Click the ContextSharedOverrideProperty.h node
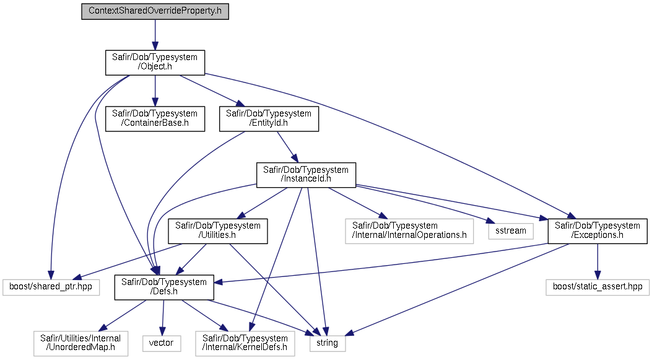click(155, 11)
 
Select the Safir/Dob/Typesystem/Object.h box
click(155, 62)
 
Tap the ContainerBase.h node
click(155, 118)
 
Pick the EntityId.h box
click(269, 118)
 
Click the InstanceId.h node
click(306, 175)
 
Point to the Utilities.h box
click(217, 231)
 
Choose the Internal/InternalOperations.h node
click(409, 231)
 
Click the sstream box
click(511, 231)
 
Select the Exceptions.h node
click(598, 231)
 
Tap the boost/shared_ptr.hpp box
click(51, 287)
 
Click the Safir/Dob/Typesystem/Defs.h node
click(164, 287)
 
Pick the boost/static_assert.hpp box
click(598, 287)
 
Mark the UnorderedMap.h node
click(80, 343)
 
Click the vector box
click(162, 343)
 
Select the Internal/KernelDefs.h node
click(245, 343)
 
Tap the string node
click(328, 343)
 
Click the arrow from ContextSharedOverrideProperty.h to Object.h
click(155, 35)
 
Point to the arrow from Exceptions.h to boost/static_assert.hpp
click(598, 261)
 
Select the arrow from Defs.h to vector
click(163, 317)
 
